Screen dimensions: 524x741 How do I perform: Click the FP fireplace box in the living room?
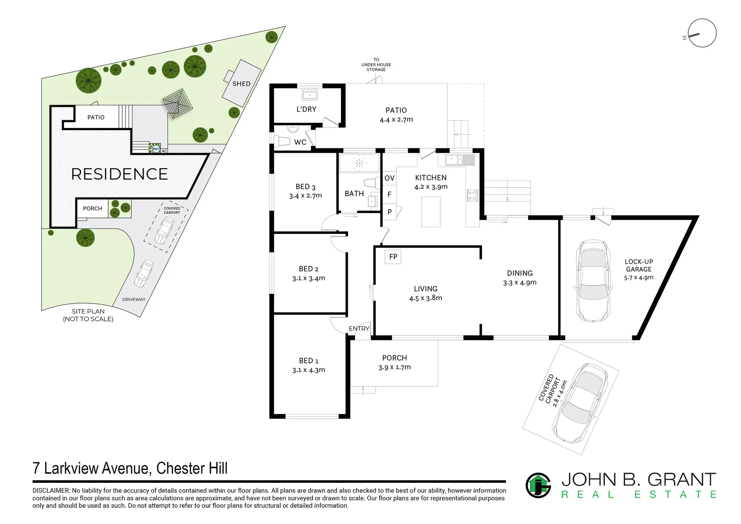point(393,257)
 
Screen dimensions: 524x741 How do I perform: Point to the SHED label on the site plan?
point(241,83)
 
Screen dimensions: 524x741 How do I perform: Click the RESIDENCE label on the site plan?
point(119,174)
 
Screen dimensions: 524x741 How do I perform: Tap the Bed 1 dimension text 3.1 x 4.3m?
point(308,370)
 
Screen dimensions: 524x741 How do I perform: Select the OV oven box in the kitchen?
point(389,178)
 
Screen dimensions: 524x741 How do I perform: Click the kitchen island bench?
point(431,212)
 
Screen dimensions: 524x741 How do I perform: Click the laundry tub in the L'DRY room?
point(309,94)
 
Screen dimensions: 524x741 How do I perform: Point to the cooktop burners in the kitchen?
point(472,195)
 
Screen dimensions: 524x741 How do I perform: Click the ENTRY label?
point(359,328)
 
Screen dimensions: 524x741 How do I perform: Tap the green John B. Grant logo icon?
point(538,485)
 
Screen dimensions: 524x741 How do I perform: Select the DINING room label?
point(520,273)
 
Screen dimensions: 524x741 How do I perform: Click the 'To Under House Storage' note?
point(376,65)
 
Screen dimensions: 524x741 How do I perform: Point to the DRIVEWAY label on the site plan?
point(133,299)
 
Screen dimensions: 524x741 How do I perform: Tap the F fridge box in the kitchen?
point(389,195)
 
